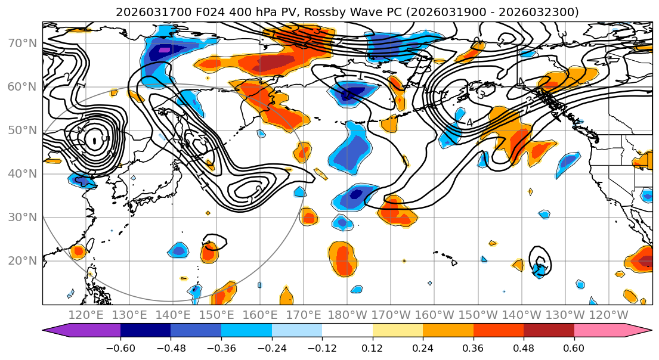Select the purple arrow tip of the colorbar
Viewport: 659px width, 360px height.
51,331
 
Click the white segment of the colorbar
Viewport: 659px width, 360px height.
347,331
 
